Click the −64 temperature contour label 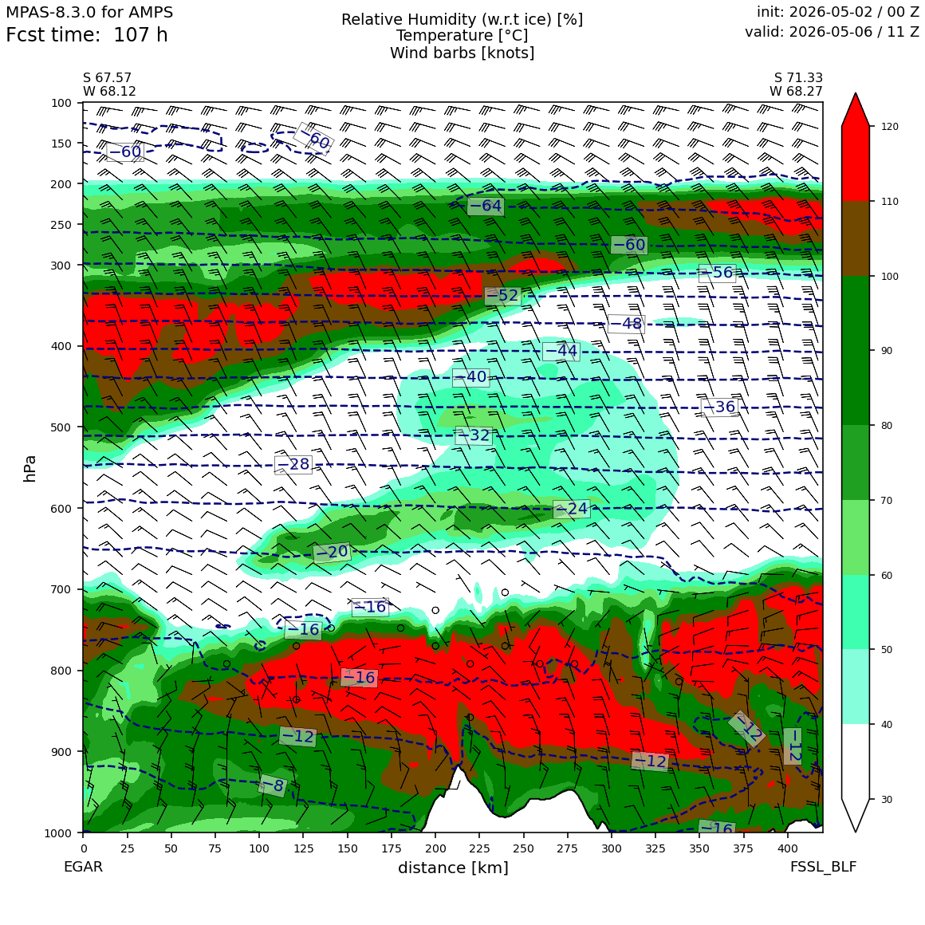pyautogui.click(x=486, y=206)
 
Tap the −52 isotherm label pyautogui.click(x=502, y=296)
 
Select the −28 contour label pyautogui.click(x=293, y=464)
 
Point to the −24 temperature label pyautogui.click(x=572, y=509)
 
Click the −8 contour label pyautogui.click(x=273, y=785)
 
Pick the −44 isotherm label pyautogui.click(x=561, y=351)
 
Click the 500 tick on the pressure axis pyautogui.click(x=60, y=427)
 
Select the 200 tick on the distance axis pyautogui.click(x=436, y=848)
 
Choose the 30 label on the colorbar pyautogui.click(x=886, y=799)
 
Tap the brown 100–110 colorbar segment pyautogui.click(x=856, y=239)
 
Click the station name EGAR pyautogui.click(x=83, y=867)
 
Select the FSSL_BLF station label pyautogui.click(x=824, y=867)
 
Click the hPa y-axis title pyautogui.click(x=30, y=468)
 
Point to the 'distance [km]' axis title pyautogui.click(x=453, y=868)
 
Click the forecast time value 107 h pyautogui.click(x=140, y=35)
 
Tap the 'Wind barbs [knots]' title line pyautogui.click(x=462, y=53)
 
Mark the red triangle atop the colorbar pyautogui.click(x=856, y=110)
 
